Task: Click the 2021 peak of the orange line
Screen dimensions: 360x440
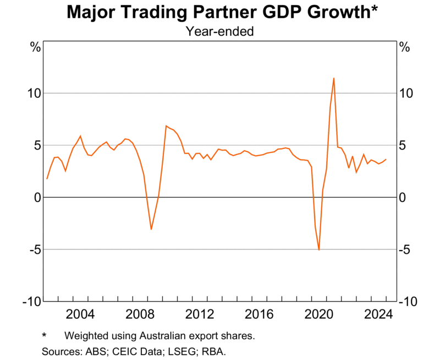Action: coord(334,78)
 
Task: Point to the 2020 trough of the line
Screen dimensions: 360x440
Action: coord(319,250)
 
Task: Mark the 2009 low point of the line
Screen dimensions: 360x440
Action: coord(151,229)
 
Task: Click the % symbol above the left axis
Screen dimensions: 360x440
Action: coord(35,47)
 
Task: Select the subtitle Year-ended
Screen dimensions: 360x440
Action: coord(219,32)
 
